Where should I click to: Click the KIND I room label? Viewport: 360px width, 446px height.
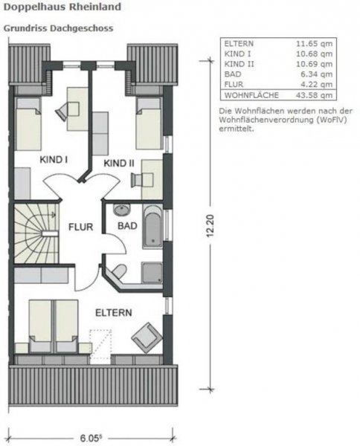click(54, 159)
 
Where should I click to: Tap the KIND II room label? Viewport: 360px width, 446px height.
click(119, 164)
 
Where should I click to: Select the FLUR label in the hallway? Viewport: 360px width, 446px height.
click(81, 227)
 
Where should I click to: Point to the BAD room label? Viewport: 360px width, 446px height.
click(127, 226)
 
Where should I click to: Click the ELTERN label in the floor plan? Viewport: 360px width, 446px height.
click(114, 313)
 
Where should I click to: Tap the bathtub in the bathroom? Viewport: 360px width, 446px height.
click(152, 226)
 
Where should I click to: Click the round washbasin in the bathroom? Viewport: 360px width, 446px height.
click(121, 210)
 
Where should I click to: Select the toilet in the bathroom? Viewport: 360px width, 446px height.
click(119, 271)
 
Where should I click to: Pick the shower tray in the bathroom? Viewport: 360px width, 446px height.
click(152, 273)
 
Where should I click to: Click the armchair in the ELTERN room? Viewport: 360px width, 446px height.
click(147, 337)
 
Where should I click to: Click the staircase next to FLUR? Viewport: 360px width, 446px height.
click(36, 233)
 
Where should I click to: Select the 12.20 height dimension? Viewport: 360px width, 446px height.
click(210, 225)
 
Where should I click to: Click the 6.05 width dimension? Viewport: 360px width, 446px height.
click(91, 438)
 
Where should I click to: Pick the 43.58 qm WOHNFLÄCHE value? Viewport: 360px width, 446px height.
click(314, 95)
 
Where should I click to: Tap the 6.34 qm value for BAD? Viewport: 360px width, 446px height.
click(316, 74)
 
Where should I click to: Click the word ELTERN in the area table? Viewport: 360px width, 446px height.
click(239, 44)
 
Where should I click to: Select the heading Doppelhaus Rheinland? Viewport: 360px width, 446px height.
click(62, 7)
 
